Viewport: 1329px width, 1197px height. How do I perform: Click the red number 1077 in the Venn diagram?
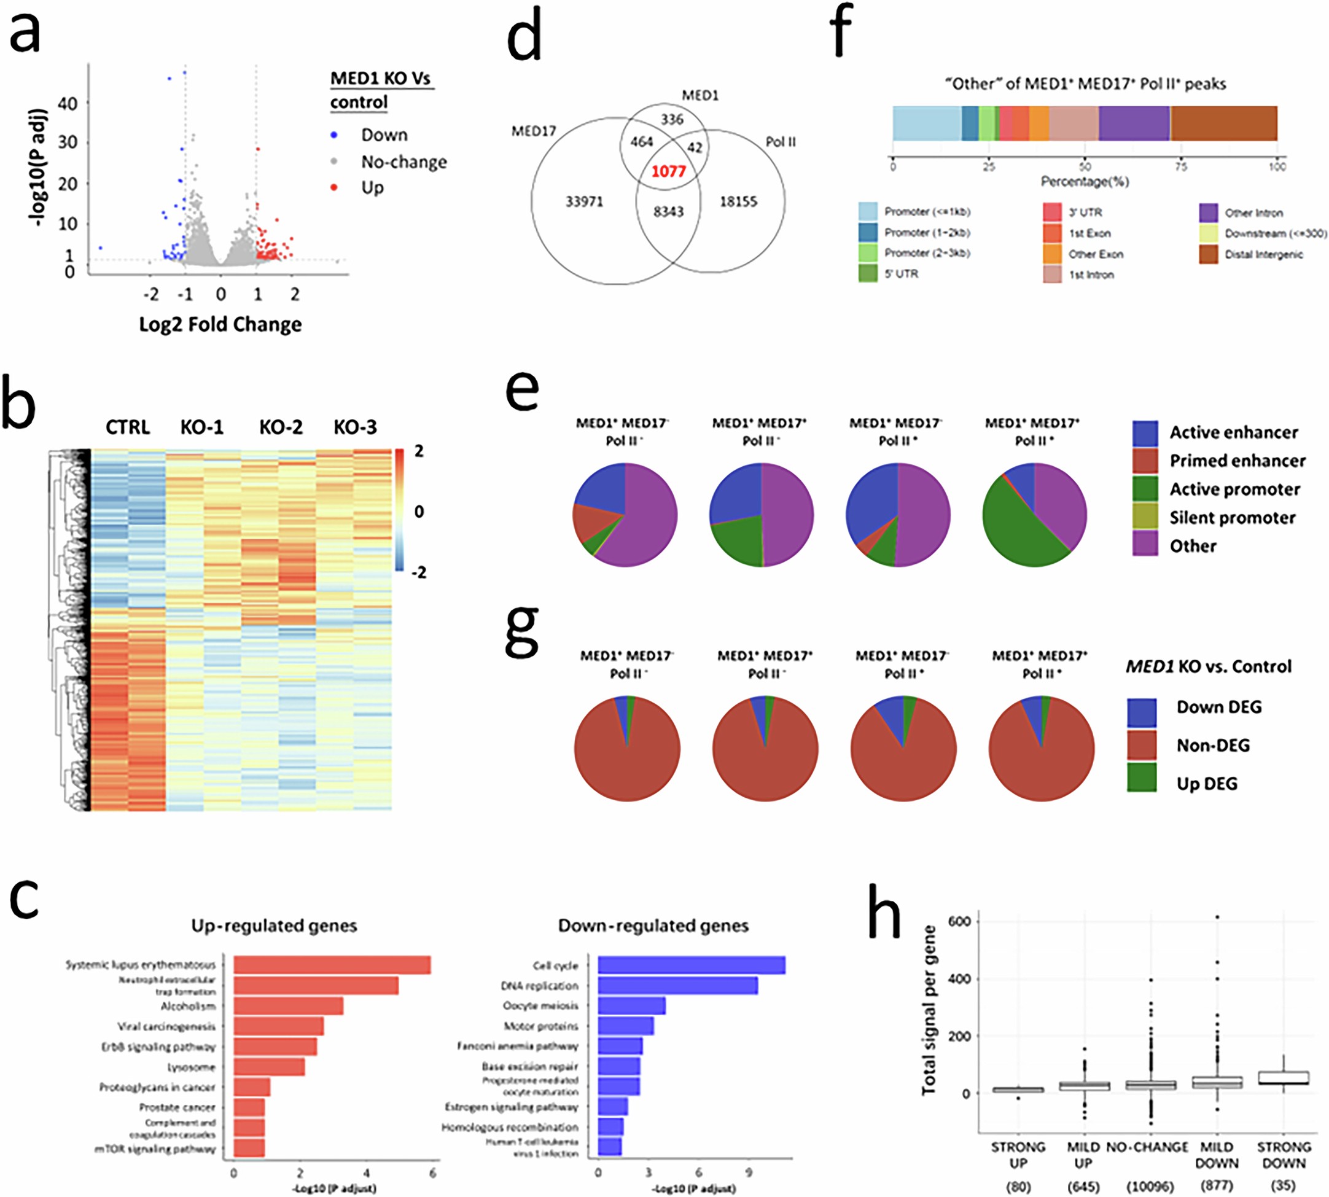pos(668,171)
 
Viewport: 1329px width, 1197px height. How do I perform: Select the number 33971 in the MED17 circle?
pos(584,202)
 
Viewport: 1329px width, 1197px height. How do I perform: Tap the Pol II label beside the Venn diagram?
pos(781,142)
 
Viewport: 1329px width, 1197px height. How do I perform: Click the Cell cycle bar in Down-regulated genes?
pos(691,965)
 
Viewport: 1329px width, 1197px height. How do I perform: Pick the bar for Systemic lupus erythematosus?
pos(332,965)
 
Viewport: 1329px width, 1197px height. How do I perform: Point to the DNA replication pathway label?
pos(539,986)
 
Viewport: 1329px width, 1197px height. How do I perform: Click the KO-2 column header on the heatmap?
pos(281,427)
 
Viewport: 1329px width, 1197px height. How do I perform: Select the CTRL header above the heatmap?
pos(128,427)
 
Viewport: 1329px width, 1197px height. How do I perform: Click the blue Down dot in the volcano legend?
pos(335,135)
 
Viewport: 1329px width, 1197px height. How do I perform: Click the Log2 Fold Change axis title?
pos(220,324)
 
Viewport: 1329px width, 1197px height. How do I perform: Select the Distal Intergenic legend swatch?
pos(1208,254)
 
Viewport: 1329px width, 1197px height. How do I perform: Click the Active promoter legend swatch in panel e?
pos(1145,489)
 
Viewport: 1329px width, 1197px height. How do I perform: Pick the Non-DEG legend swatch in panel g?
pos(1142,745)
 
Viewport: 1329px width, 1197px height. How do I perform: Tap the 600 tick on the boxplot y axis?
pos(959,921)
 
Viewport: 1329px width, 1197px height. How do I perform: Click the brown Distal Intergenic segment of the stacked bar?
pos(1223,123)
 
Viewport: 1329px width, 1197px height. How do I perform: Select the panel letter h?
pos(884,912)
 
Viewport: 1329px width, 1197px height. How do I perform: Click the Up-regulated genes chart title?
pos(275,926)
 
